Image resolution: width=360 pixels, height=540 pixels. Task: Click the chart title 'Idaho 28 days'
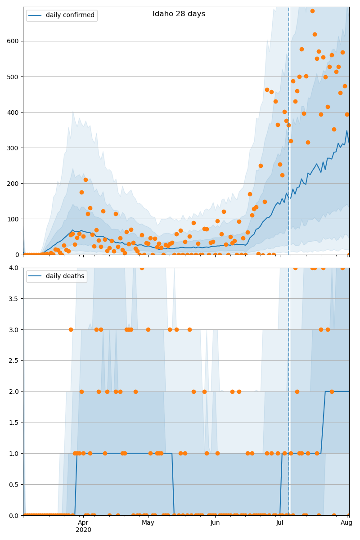(179, 14)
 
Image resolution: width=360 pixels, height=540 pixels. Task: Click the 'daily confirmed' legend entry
(70, 15)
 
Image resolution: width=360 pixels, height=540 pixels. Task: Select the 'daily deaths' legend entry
(65, 276)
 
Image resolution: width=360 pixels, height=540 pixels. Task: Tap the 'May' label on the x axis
(148, 522)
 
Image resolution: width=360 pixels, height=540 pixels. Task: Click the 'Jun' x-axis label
(215, 522)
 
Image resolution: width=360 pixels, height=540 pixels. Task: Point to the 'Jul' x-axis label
(279, 522)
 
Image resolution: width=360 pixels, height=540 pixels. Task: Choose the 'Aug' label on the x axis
(346, 522)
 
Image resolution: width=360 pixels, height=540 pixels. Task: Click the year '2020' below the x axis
(83, 530)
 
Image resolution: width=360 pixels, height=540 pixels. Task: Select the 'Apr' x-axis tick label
(83, 522)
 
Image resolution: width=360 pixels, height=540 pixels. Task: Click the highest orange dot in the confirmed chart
(312, 11)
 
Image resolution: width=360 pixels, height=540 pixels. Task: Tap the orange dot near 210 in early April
(85, 180)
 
